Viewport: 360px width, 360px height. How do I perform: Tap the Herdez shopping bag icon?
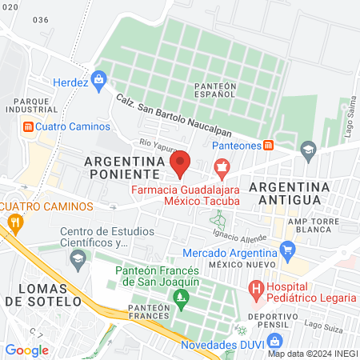[x=98, y=78]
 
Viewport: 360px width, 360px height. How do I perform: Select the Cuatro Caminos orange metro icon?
[x=28, y=126]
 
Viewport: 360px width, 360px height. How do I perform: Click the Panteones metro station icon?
[x=270, y=145]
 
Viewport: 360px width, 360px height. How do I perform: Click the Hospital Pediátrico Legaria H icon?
[x=256, y=287]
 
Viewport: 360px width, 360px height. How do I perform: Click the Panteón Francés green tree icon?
[x=181, y=299]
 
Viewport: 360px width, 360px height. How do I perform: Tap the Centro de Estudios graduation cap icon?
[x=78, y=258]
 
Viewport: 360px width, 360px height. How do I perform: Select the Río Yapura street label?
[x=156, y=146]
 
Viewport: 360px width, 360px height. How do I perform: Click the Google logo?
[x=26, y=350]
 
